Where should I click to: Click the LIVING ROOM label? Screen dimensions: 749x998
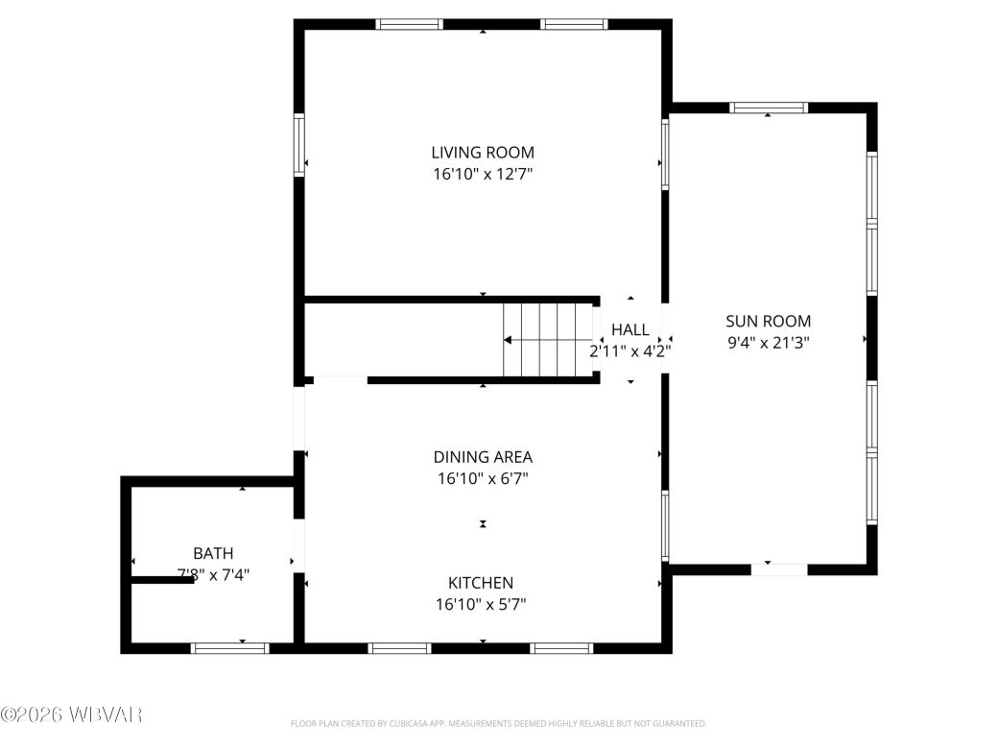(x=483, y=153)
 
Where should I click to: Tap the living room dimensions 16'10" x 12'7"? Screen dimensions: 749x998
(x=483, y=175)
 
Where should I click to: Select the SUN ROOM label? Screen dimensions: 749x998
(x=768, y=322)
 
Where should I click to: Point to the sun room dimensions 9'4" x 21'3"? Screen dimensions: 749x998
(x=768, y=343)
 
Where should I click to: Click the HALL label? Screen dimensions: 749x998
(x=630, y=330)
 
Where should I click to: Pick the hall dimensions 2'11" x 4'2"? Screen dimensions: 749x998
(x=630, y=351)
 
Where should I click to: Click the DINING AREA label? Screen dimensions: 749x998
(x=483, y=457)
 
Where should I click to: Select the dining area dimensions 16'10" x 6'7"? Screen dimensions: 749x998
(x=483, y=478)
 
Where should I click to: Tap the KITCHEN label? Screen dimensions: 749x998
(x=481, y=583)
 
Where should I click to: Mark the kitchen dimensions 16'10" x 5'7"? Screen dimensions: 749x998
(x=481, y=604)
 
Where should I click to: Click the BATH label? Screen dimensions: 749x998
(x=213, y=553)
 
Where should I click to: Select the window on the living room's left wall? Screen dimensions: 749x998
(x=299, y=145)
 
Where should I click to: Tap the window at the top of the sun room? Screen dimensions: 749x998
(x=769, y=108)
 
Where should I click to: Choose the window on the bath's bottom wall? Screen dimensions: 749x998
(x=230, y=648)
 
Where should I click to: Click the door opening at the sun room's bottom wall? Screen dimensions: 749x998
(x=779, y=569)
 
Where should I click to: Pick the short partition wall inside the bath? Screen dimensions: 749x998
(x=162, y=579)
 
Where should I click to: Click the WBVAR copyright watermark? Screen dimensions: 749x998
(x=72, y=714)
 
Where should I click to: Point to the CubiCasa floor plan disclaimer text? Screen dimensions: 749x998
(x=498, y=723)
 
